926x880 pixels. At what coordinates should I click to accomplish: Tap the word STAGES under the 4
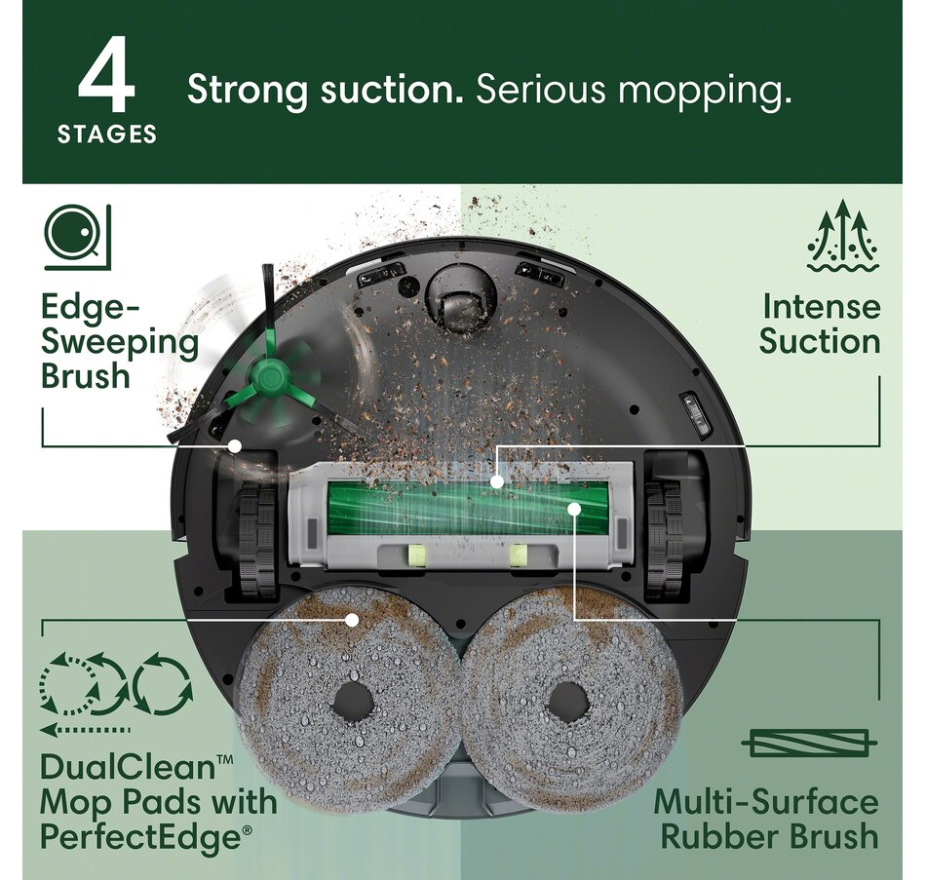pyautogui.click(x=107, y=135)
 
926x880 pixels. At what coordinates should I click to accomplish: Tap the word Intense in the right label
pyautogui.click(x=822, y=307)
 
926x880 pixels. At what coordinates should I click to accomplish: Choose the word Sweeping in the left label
pyautogui.click(x=120, y=343)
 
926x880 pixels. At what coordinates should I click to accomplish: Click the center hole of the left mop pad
pyautogui.click(x=352, y=699)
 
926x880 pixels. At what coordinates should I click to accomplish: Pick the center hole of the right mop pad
pyautogui.click(x=566, y=701)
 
